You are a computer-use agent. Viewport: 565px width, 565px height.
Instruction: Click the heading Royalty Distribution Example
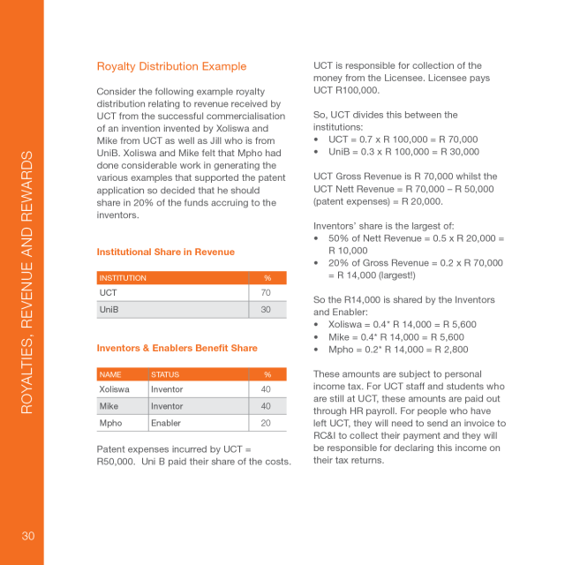[x=171, y=66]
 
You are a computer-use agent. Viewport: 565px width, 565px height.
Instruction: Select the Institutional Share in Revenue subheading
[x=165, y=252]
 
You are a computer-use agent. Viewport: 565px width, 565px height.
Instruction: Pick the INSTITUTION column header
[x=123, y=278]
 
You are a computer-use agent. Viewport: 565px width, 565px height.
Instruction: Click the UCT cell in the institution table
[x=109, y=293]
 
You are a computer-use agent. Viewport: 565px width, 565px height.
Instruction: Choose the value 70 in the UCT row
[x=266, y=293]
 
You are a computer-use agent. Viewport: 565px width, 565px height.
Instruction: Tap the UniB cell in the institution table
[x=109, y=310]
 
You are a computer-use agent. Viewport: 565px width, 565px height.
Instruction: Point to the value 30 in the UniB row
[x=266, y=310]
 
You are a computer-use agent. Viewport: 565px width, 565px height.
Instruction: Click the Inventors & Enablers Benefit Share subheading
[x=177, y=348]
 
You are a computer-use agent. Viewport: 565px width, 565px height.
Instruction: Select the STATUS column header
[x=165, y=374]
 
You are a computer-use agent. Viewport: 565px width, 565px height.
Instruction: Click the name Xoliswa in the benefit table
[x=115, y=389]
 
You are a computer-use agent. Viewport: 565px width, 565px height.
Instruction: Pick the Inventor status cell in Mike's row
[x=167, y=406]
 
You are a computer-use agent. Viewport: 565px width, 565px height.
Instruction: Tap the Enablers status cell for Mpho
[x=166, y=423]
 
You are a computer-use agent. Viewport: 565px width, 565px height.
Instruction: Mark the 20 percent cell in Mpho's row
[x=266, y=423]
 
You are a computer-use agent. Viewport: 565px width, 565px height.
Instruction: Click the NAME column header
[x=110, y=374]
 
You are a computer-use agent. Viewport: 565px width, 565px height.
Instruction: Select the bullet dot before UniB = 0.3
[x=317, y=152]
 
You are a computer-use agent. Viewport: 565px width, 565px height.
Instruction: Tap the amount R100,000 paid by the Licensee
[x=356, y=90]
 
